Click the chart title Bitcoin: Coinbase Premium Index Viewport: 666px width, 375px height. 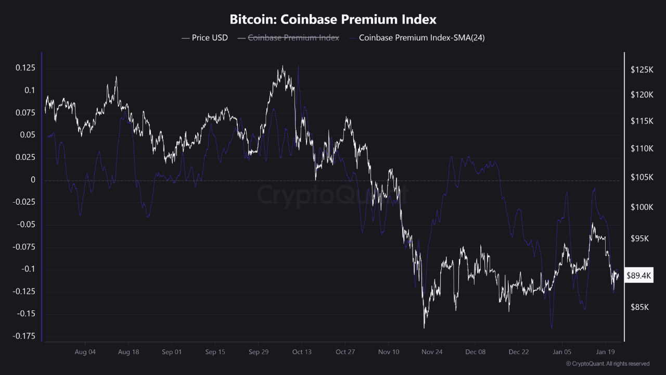[x=333, y=20]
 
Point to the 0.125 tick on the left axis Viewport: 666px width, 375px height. [x=25, y=68]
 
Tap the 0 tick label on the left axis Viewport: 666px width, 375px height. [x=33, y=180]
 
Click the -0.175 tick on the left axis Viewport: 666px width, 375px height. [x=24, y=336]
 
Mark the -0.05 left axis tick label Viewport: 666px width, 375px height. [x=25, y=225]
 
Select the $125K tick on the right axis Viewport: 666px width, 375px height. [x=641, y=69]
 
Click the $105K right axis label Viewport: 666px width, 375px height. [x=641, y=178]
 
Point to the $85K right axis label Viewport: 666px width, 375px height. [x=639, y=307]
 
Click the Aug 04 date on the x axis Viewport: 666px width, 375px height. [x=85, y=352]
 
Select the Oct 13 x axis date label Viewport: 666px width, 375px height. [x=302, y=352]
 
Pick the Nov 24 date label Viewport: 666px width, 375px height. [x=432, y=352]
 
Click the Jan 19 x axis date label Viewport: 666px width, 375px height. [x=605, y=352]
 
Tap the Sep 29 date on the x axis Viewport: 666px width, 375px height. [x=259, y=352]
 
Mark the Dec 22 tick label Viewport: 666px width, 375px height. [x=519, y=352]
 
